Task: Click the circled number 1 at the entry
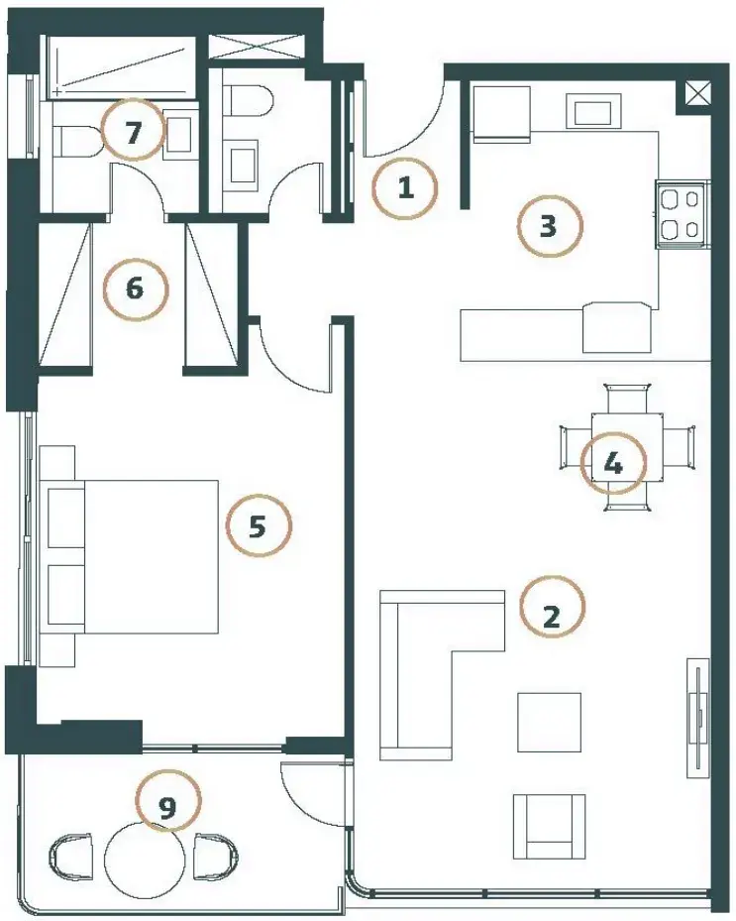pyautogui.click(x=405, y=188)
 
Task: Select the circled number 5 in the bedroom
pyautogui.click(x=259, y=525)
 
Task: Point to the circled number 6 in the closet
pyautogui.click(x=135, y=288)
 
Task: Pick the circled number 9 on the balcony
pyautogui.click(x=167, y=800)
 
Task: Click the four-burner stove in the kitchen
pyautogui.click(x=683, y=215)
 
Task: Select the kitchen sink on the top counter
pyautogui.click(x=592, y=111)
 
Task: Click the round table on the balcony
pyautogui.click(x=145, y=859)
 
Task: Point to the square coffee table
pyautogui.click(x=549, y=722)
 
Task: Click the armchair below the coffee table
pyautogui.click(x=549, y=827)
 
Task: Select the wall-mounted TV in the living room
pyautogui.click(x=697, y=717)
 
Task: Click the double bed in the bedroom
pyautogui.click(x=129, y=556)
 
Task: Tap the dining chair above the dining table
pyautogui.click(x=627, y=399)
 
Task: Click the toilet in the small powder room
pyautogui.click(x=249, y=100)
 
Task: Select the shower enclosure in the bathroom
pyautogui.click(x=121, y=66)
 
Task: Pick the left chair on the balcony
pyautogui.click(x=72, y=859)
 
